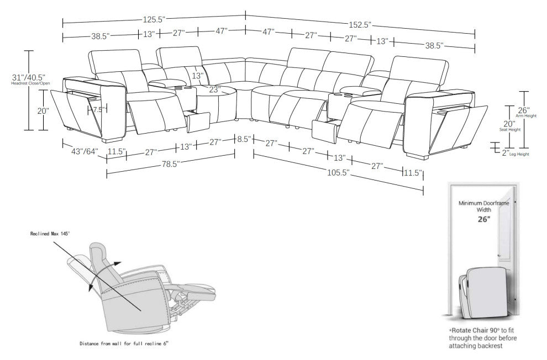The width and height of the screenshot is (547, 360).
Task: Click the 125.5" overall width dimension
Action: pyautogui.click(x=154, y=19)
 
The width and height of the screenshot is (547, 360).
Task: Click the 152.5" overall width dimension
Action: pyautogui.click(x=360, y=24)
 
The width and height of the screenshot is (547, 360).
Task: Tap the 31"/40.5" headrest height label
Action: pyautogui.click(x=29, y=78)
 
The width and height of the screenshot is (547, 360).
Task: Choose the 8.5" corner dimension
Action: pyautogui.click(x=244, y=140)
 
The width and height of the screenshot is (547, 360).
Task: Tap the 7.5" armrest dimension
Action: pyautogui.click(x=98, y=110)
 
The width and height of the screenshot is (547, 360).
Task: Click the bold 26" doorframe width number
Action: pyautogui.click(x=483, y=219)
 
